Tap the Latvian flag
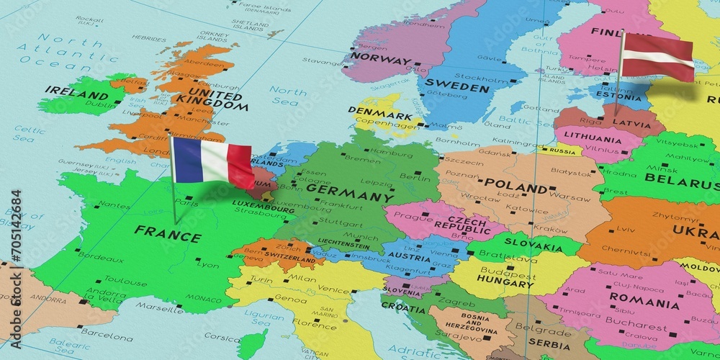click(657, 57)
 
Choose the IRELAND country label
click(71, 91)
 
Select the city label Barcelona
click(107, 336)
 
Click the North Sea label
click(288, 96)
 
